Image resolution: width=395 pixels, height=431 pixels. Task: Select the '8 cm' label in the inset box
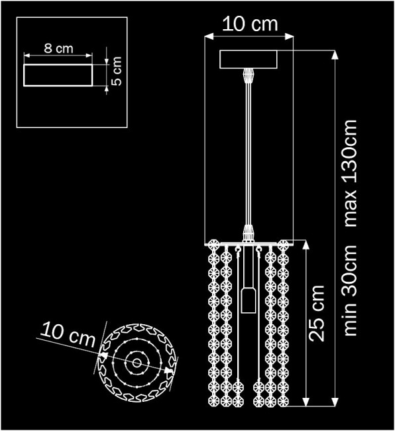pos(58,50)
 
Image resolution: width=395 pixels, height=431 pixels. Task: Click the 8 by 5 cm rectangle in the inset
pos(58,75)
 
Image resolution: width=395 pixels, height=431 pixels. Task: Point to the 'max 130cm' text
pos(351,173)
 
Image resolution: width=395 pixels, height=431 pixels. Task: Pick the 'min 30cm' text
pos(351,290)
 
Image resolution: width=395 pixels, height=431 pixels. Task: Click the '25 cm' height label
pos(318,313)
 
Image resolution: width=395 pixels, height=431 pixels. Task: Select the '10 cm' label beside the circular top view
pos(66,335)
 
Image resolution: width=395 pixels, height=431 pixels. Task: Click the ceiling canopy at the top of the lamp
pos(249,60)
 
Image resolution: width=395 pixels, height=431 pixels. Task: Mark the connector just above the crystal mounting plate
pos(249,233)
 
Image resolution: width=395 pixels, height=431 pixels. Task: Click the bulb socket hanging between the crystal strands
pos(248,300)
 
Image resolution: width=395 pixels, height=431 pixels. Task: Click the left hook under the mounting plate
pos(238,251)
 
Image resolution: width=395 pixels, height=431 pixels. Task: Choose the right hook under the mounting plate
pos(258,251)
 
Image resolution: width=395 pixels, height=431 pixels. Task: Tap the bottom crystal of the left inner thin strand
pos(238,387)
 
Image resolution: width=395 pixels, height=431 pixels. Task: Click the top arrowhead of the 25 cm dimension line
pos(304,244)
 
